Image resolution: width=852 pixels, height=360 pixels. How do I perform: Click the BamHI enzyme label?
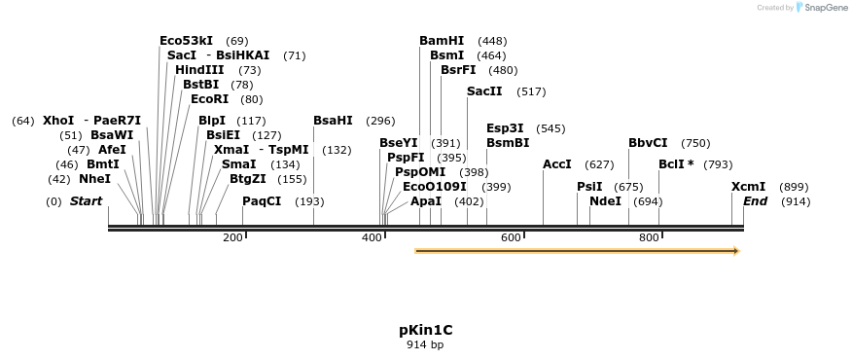coord(442,41)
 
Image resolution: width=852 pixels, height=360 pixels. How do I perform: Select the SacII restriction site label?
coord(484,91)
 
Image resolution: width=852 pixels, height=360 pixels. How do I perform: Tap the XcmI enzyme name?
coord(748,187)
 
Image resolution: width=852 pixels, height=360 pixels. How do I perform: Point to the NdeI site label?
coord(605,201)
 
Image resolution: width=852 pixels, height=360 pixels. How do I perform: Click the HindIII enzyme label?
coord(199,70)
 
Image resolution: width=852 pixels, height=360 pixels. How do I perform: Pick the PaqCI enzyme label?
coord(262,201)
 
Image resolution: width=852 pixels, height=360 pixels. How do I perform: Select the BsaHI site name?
coord(333,121)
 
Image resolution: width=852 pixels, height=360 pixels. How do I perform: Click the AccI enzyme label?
coord(557,164)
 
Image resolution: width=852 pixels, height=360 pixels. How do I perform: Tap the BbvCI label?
coord(648,143)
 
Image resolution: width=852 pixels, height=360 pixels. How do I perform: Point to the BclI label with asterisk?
coord(676,164)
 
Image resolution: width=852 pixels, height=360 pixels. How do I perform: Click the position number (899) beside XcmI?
coord(794,187)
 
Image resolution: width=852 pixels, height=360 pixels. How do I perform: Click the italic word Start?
coord(86,201)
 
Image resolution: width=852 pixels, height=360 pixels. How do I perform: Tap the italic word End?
coord(756,201)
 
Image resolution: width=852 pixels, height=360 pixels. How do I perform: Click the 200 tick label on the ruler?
coord(232,238)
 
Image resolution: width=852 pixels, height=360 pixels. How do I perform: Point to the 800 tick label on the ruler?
coord(649,238)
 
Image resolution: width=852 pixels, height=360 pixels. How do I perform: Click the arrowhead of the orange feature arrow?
coord(735,251)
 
